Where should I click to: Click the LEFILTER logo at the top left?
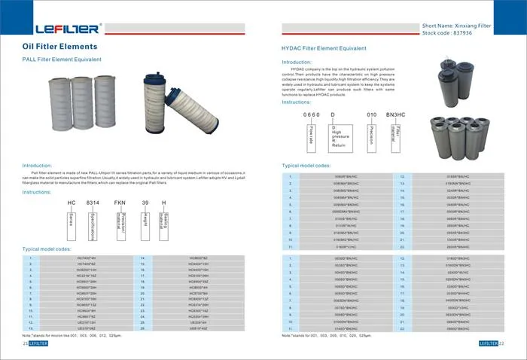pos(67,29)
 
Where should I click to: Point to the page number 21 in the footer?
pos(26,343)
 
